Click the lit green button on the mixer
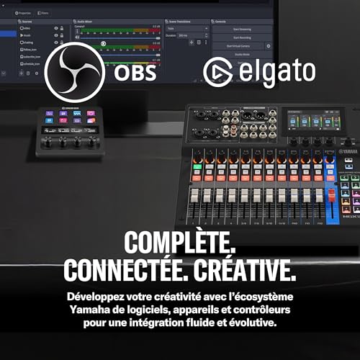197,166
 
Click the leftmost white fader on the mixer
197,196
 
